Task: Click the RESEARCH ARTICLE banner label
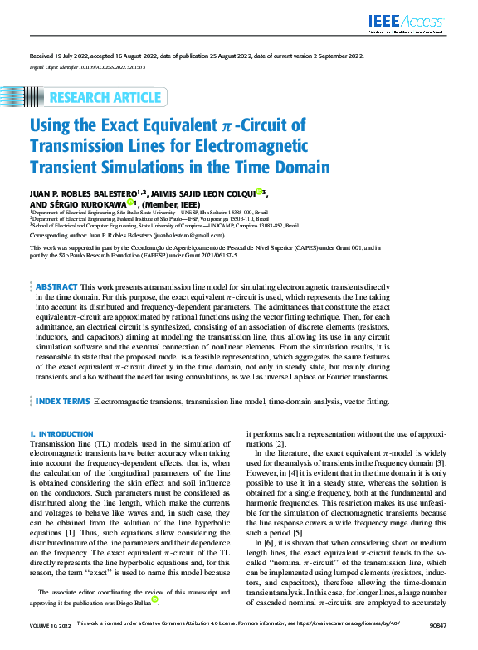[x=105, y=97]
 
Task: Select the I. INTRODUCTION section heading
[x=61, y=434]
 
